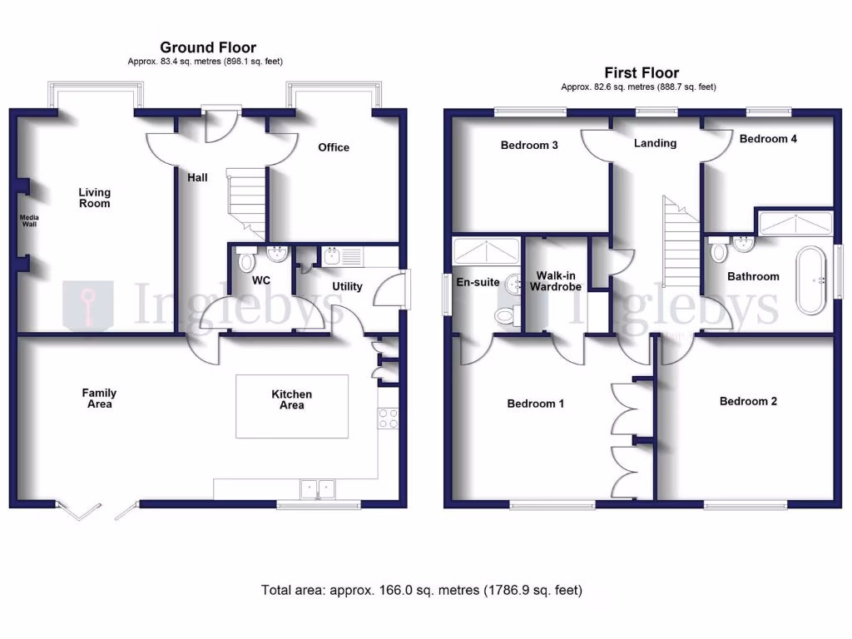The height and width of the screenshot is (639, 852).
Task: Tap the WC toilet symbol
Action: [246, 260]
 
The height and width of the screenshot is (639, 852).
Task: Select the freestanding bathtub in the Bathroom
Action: [810, 280]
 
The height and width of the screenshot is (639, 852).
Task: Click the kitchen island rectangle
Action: [291, 405]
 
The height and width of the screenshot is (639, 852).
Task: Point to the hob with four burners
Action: [388, 419]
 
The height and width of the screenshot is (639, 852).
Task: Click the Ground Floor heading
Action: [208, 47]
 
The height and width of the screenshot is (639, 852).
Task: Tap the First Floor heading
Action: [641, 73]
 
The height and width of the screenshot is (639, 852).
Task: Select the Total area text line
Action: [422, 591]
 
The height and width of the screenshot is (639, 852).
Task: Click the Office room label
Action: [334, 147]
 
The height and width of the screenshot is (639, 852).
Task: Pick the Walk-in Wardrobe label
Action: [557, 280]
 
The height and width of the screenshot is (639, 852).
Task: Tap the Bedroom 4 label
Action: [768, 139]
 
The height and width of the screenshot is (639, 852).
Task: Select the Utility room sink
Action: [330, 255]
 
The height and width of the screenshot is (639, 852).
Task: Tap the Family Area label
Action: [99, 399]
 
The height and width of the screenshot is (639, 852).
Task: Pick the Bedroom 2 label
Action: [748, 401]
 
